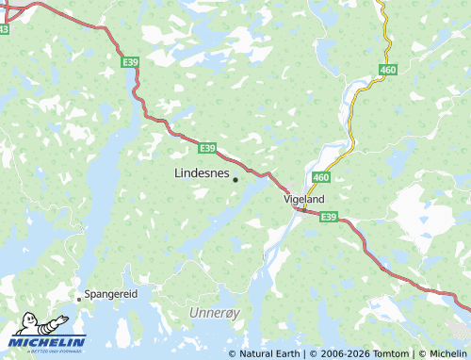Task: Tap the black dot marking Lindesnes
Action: [235, 179]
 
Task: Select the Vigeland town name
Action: [304, 200]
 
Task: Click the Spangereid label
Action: [111, 294]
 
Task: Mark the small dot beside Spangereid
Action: [79, 297]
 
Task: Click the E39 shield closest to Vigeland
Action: [328, 217]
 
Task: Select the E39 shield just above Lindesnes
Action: [208, 148]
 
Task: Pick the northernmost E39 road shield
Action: [132, 62]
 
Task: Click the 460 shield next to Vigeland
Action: [321, 177]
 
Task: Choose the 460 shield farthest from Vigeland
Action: [388, 70]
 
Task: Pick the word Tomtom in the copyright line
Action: [394, 353]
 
